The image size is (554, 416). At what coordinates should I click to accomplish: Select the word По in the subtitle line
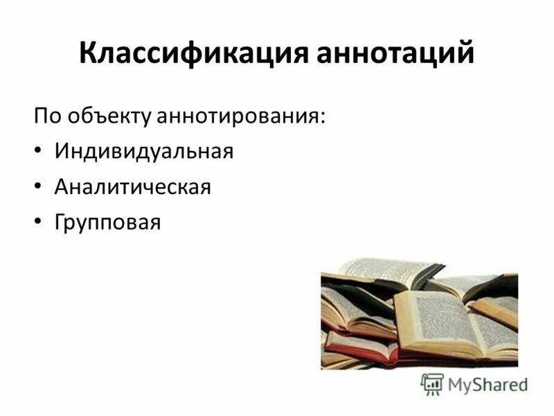[46, 115]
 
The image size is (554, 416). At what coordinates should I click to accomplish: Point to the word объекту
[106, 115]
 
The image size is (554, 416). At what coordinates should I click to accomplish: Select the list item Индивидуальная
[143, 150]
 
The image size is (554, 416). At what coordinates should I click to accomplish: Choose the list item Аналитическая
[132, 187]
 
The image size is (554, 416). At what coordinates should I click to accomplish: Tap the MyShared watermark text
[488, 385]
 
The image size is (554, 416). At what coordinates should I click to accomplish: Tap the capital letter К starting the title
[88, 54]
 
